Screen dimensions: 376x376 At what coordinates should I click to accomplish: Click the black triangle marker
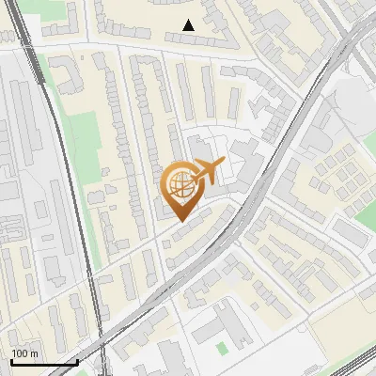(x=189, y=25)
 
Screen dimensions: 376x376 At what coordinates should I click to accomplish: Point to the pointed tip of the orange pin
(x=180, y=220)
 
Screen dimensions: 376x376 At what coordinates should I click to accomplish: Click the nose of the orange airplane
(x=224, y=162)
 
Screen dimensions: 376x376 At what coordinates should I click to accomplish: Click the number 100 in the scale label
(x=19, y=353)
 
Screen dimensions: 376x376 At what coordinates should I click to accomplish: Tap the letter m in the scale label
(x=33, y=353)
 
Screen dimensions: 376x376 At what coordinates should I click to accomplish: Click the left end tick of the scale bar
(x=11, y=362)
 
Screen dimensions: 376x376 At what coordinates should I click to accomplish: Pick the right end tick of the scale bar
(x=77, y=362)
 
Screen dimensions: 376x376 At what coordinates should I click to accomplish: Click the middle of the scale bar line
(x=44, y=363)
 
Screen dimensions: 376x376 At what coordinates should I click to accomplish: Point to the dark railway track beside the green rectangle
(x=66, y=169)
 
